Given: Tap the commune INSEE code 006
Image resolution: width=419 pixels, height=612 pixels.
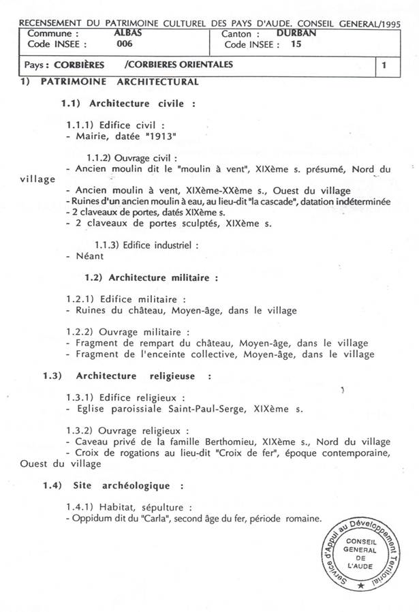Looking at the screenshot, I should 124,44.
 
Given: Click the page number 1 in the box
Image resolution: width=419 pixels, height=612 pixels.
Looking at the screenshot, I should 385,65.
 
